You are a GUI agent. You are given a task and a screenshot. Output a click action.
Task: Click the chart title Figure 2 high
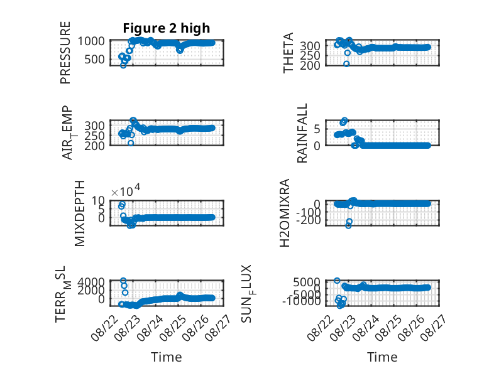(x=166, y=28)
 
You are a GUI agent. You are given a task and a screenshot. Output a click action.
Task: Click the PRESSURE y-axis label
(x=65, y=53)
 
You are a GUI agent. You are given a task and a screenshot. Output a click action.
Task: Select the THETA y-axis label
(x=288, y=53)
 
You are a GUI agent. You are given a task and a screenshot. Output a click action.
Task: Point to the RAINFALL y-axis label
(x=302, y=133)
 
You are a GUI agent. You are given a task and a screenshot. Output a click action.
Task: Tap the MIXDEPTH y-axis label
(x=80, y=213)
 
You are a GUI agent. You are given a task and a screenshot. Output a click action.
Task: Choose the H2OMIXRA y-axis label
(x=285, y=213)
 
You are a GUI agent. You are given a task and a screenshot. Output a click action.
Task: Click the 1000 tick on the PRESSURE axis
(x=91, y=41)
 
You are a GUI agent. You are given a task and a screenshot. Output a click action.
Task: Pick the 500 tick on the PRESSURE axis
(x=94, y=59)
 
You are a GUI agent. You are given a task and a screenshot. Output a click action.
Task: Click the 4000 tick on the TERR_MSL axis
(x=91, y=282)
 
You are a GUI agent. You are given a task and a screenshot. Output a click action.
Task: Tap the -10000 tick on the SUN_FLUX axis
(x=302, y=301)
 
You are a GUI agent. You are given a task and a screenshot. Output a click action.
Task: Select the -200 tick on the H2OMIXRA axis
(x=309, y=220)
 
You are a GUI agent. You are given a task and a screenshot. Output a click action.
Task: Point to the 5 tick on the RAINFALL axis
(x=317, y=129)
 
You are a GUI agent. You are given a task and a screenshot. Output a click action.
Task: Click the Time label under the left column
(x=166, y=357)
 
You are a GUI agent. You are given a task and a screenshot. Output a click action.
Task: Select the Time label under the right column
(x=382, y=357)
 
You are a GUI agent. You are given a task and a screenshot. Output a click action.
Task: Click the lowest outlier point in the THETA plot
(x=346, y=64)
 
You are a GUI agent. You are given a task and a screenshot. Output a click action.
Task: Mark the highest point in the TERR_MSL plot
(x=123, y=281)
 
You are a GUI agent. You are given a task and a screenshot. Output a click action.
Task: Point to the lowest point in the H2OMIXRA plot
(x=348, y=225)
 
